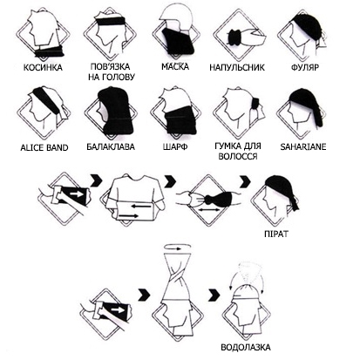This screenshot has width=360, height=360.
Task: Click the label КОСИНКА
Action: tap(43, 67)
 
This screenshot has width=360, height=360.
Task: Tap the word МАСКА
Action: tap(175, 66)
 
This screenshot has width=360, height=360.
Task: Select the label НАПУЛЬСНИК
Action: tap(237, 67)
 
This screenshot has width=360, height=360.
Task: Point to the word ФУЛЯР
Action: tap(305, 67)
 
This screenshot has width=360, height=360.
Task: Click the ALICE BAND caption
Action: tap(44, 147)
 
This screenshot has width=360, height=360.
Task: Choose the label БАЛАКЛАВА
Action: tap(111, 146)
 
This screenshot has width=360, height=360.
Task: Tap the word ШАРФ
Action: tap(175, 146)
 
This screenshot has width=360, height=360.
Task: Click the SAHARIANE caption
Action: tap(303, 146)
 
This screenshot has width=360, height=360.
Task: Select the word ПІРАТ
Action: tap(276, 234)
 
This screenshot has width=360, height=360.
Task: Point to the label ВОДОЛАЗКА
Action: tap(246, 347)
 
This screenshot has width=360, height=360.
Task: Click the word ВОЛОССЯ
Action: tap(238, 156)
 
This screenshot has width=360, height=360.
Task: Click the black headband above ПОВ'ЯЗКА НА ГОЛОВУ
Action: tap(111, 21)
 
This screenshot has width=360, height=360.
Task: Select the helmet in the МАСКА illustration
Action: tap(174, 16)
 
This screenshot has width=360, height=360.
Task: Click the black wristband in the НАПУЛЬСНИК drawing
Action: tap(235, 37)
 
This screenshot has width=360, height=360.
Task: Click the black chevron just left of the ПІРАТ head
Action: tap(246, 181)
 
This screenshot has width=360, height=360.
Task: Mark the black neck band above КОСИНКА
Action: tap(49, 51)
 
